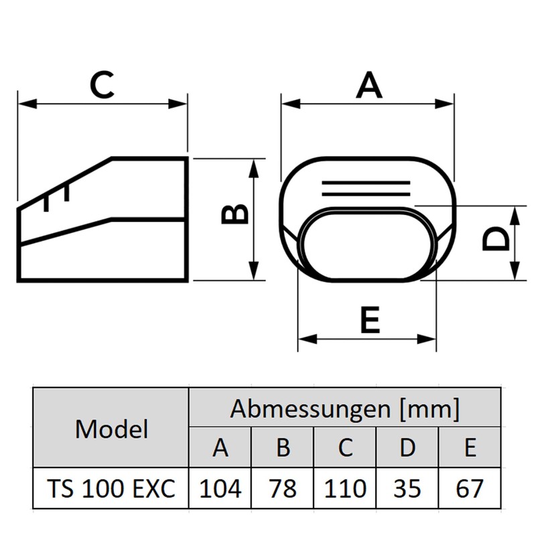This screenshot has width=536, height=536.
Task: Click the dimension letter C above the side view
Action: pos(102,85)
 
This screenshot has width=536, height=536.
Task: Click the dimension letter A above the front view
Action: pos(368,86)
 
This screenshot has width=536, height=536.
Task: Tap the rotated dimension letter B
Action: pos(235,214)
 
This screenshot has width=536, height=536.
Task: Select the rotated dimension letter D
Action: pos(496,239)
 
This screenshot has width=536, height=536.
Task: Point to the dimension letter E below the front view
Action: pos(370,320)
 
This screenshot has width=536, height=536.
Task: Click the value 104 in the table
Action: pos(220,488)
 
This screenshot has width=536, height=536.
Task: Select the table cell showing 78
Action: pos(282,488)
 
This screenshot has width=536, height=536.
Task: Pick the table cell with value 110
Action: pos(344,488)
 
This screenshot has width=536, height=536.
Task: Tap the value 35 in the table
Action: pos(407,488)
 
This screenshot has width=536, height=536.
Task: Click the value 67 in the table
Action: pos(469,488)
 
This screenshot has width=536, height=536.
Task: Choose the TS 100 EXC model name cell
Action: pos(111,488)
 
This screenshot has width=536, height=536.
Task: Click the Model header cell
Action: pos(111,428)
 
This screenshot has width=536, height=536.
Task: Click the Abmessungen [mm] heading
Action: pos(345,408)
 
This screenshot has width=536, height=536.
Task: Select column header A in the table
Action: pos(220,448)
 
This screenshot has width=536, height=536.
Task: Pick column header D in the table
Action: pos(407,448)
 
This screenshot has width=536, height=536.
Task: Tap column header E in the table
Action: pos(469,448)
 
